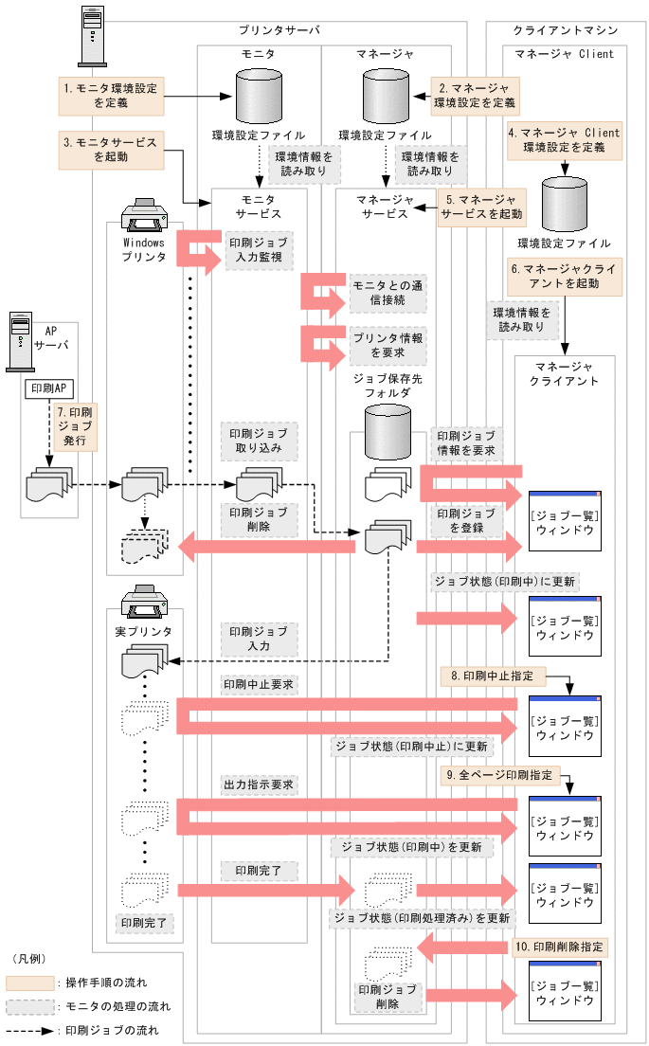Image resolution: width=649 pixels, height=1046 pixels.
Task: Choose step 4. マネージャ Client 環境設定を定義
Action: coord(565,140)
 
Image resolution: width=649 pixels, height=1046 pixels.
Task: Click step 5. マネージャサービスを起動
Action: coord(482,207)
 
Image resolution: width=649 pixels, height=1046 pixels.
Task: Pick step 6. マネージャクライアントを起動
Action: coord(565,276)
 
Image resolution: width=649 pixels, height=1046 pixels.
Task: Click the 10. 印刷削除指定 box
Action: coord(560,946)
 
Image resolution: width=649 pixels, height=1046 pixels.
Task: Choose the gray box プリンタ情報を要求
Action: coord(388,345)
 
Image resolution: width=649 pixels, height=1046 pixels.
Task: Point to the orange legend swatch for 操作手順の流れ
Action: coord(29,982)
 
